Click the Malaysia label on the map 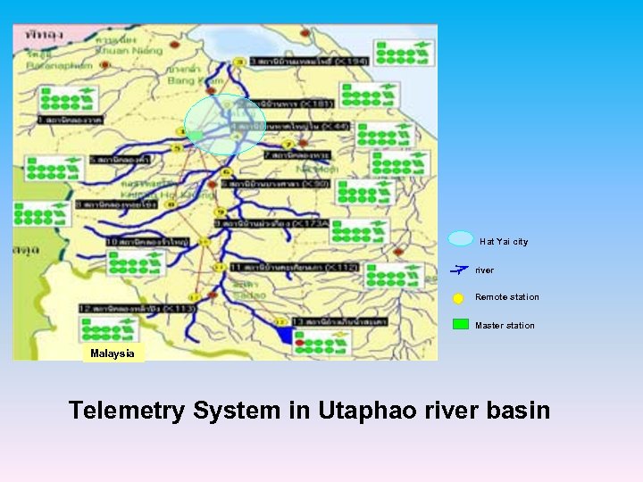click(113, 353)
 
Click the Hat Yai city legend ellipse click(461, 238)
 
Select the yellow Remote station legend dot click(458, 299)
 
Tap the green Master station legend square click(460, 324)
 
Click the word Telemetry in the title click(128, 411)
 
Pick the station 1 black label click(70, 119)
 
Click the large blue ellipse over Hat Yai click(225, 124)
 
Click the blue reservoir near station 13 click(286, 335)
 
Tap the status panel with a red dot click(323, 342)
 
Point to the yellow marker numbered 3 click(238, 62)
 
